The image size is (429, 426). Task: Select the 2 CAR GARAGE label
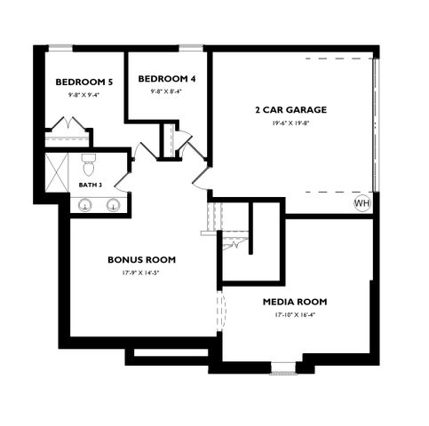[291, 110]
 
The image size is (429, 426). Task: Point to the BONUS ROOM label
[141, 260]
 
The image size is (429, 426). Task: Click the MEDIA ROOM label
[297, 302]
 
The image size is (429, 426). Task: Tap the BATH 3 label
[90, 185]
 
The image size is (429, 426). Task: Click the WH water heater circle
[361, 203]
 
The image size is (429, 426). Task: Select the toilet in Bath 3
[89, 164]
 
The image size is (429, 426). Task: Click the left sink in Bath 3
[86, 205]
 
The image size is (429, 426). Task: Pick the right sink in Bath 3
[114, 205]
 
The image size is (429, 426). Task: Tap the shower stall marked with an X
[57, 171]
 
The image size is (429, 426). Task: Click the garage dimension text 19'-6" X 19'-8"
[291, 123]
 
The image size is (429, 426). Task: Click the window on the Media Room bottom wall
[285, 367]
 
